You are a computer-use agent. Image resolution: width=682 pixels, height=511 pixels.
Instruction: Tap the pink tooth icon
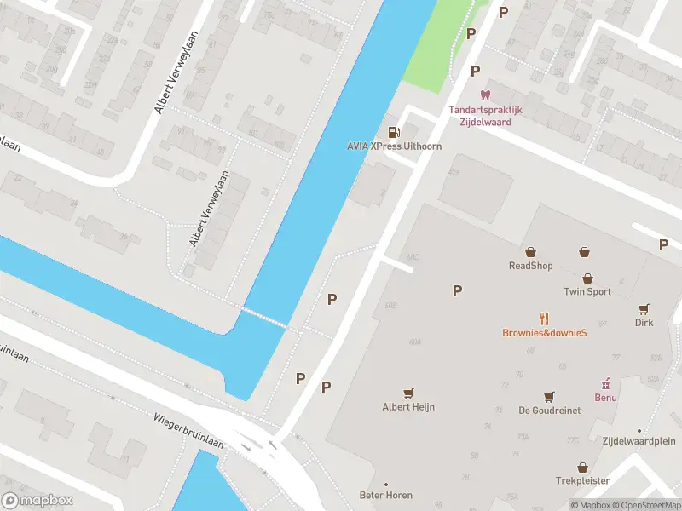(485, 95)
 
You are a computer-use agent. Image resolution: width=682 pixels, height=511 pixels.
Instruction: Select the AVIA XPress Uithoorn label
(394, 146)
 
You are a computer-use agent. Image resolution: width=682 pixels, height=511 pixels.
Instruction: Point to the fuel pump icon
(394, 131)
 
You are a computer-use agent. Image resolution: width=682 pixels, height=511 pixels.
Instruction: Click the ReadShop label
(530, 266)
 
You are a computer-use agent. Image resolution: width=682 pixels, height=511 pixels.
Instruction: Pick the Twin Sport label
(587, 291)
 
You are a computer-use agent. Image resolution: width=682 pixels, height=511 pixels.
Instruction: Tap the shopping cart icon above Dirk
(644, 308)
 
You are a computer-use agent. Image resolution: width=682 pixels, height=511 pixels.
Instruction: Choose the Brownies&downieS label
(544, 333)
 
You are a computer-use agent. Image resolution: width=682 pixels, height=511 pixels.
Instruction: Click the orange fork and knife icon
(544, 319)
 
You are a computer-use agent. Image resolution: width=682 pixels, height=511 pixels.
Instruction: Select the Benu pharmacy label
(605, 397)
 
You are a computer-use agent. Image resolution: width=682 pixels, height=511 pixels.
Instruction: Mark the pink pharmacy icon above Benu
(606, 382)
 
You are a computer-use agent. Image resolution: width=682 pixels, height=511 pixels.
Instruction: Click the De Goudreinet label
(550, 411)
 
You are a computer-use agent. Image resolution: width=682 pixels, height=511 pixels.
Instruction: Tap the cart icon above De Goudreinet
(550, 396)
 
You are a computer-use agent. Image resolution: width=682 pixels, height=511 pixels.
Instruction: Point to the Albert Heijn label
(408, 407)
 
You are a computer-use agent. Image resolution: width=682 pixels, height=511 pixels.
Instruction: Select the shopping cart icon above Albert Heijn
(408, 393)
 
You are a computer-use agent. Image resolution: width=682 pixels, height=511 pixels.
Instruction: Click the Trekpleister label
(582, 481)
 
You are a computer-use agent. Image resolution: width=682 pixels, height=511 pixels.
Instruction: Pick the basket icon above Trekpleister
(582, 467)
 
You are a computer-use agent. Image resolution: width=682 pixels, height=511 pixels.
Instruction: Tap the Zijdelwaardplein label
(639, 441)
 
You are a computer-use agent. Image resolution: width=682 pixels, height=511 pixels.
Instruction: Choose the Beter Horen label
(386, 496)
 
